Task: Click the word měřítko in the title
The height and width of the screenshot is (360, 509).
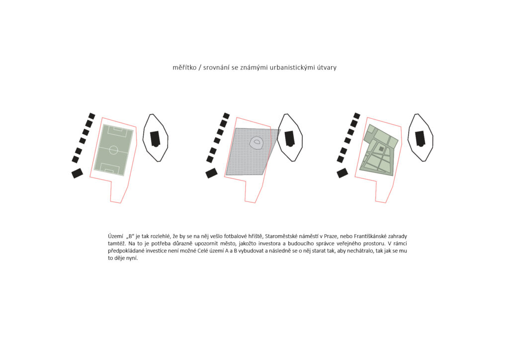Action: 184,68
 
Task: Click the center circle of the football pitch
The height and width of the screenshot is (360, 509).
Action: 113,150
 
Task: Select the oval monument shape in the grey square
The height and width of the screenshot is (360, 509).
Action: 256,143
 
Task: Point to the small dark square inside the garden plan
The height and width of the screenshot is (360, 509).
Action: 381,149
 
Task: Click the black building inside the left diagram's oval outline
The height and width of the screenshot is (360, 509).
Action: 155,139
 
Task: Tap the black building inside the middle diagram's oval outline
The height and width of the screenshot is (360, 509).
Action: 290,139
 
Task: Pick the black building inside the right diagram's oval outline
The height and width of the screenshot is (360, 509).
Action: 421,139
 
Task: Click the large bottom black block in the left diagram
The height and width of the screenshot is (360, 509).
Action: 77,173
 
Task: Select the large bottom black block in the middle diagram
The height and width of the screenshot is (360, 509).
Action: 212,173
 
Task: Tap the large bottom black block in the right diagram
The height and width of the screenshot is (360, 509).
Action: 342,173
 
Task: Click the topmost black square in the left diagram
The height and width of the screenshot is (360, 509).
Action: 92,116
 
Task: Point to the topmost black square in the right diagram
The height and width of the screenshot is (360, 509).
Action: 357,116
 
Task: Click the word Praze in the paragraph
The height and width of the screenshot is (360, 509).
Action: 330,236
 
